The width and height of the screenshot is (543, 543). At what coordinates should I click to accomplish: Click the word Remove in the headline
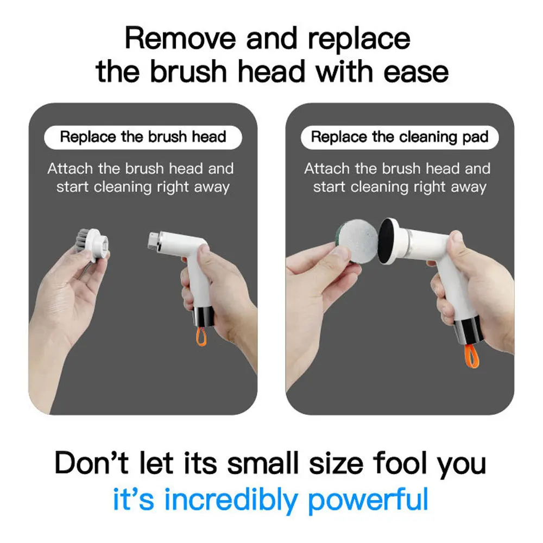[180, 39]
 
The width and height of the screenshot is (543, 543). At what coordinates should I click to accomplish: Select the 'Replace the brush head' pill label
[143, 137]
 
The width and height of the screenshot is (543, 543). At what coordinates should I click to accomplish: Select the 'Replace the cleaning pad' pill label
[400, 137]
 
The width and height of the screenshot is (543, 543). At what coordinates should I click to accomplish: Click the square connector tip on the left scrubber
[153, 241]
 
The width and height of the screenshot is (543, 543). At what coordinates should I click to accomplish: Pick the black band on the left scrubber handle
[203, 317]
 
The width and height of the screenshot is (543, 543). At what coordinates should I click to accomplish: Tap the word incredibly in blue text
[231, 500]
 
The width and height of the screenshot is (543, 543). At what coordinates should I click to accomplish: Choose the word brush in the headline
[188, 72]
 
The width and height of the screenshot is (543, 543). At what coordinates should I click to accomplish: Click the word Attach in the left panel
[70, 169]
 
